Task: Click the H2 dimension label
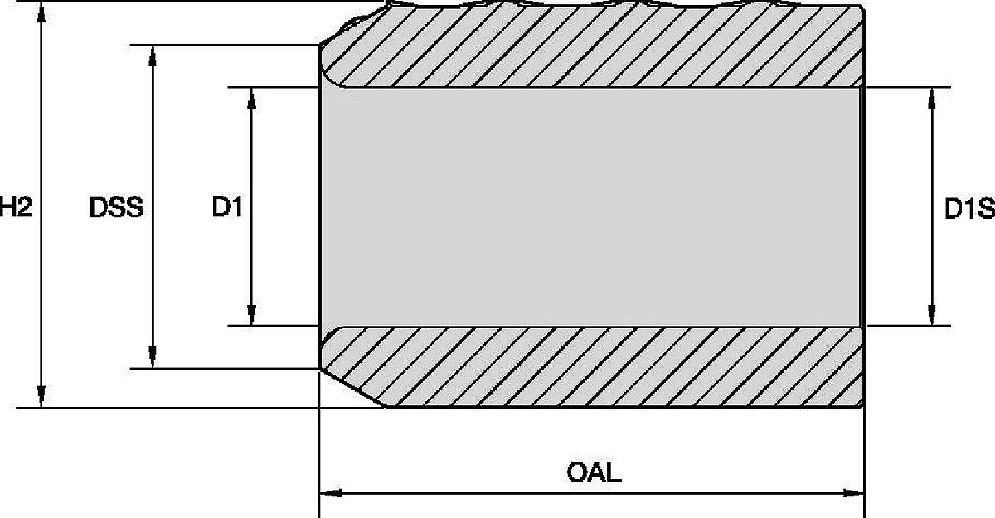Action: coord(16,207)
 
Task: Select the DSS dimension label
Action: coord(116,207)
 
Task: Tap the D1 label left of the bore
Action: coord(227,207)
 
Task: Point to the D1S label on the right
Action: coord(969,209)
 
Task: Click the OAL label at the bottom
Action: coord(594,472)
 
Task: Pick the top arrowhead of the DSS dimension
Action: coord(153,56)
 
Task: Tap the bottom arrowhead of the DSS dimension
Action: coord(153,358)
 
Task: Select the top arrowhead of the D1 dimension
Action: coord(251,98)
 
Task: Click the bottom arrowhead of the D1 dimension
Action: coord(251,315)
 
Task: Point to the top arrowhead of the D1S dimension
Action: coord(932,98)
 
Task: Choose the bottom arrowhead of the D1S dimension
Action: coord(932,315)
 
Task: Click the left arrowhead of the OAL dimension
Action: coord(331,493)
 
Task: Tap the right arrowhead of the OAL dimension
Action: coord(853,493)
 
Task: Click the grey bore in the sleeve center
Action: coord(590,207)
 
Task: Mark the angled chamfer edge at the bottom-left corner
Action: coord(352,388)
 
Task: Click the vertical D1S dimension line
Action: coord(932,207)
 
